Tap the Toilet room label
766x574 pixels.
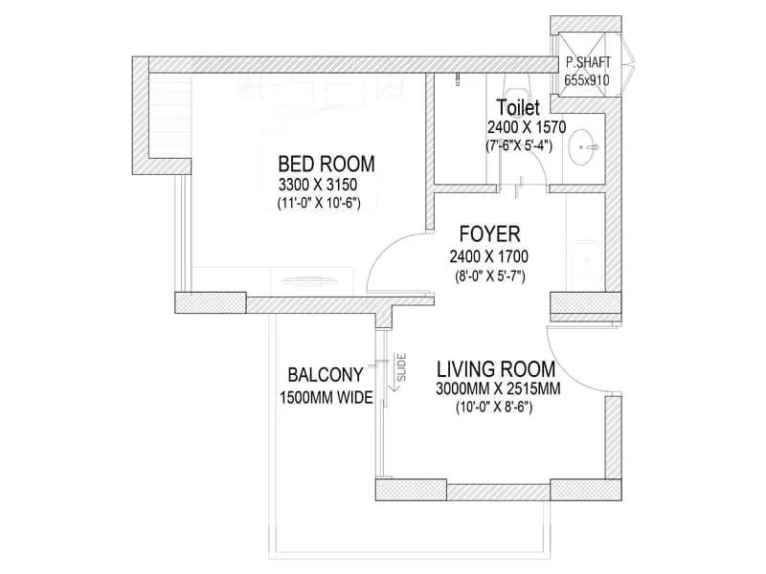(x=519, y=106)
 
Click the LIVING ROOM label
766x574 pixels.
(x=496, y=369)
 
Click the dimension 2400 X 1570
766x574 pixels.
(x=527, y=126)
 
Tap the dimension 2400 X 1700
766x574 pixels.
(x=489, y=256)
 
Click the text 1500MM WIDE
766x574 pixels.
(x=326, y=398)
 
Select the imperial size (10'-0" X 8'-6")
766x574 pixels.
(x=494, y=408)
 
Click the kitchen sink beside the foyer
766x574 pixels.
(x=582, y=259)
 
